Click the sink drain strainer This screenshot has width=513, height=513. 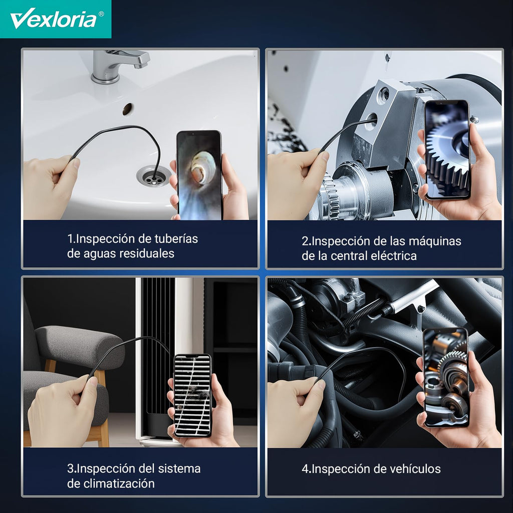(x=153, y=176)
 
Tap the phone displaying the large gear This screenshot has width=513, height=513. (x=447, y=149)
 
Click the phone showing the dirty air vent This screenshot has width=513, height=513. (x=192, y=395)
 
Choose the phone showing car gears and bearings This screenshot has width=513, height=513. (x=446, y=377)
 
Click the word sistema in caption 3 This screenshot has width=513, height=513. (x=179, y=469)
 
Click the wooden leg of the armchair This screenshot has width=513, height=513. (x=104, y=434)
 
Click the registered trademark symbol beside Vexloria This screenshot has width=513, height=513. (x=101, y=14)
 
